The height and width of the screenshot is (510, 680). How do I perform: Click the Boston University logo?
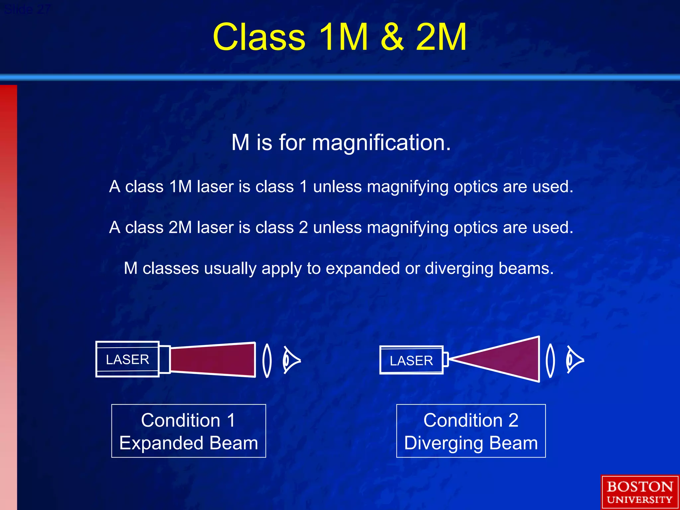[x=639, y=492]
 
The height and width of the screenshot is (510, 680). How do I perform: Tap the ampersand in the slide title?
[x=392, y=37]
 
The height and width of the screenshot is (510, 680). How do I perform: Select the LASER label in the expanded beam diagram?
[x=127, y=360]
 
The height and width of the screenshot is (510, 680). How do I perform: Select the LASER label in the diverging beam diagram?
[x=411, y=361]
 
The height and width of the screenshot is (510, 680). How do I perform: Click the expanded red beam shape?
[x=212, y=360]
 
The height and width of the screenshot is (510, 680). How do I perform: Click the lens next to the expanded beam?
[x=267, y=361]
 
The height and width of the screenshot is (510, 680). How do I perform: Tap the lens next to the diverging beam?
[x=550, y=361]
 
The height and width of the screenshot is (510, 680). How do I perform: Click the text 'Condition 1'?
[x=188, y=420]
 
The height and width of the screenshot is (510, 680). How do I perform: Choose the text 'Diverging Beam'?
[x=471, y=443]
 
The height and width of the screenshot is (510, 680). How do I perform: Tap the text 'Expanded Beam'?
[x=189, y=443]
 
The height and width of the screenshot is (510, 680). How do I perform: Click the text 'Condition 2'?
[x=471, y=420]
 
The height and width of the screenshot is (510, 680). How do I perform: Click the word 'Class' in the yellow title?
[x=259, y=37]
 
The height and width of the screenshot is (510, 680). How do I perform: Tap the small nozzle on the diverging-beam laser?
[x=446, y=360]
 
